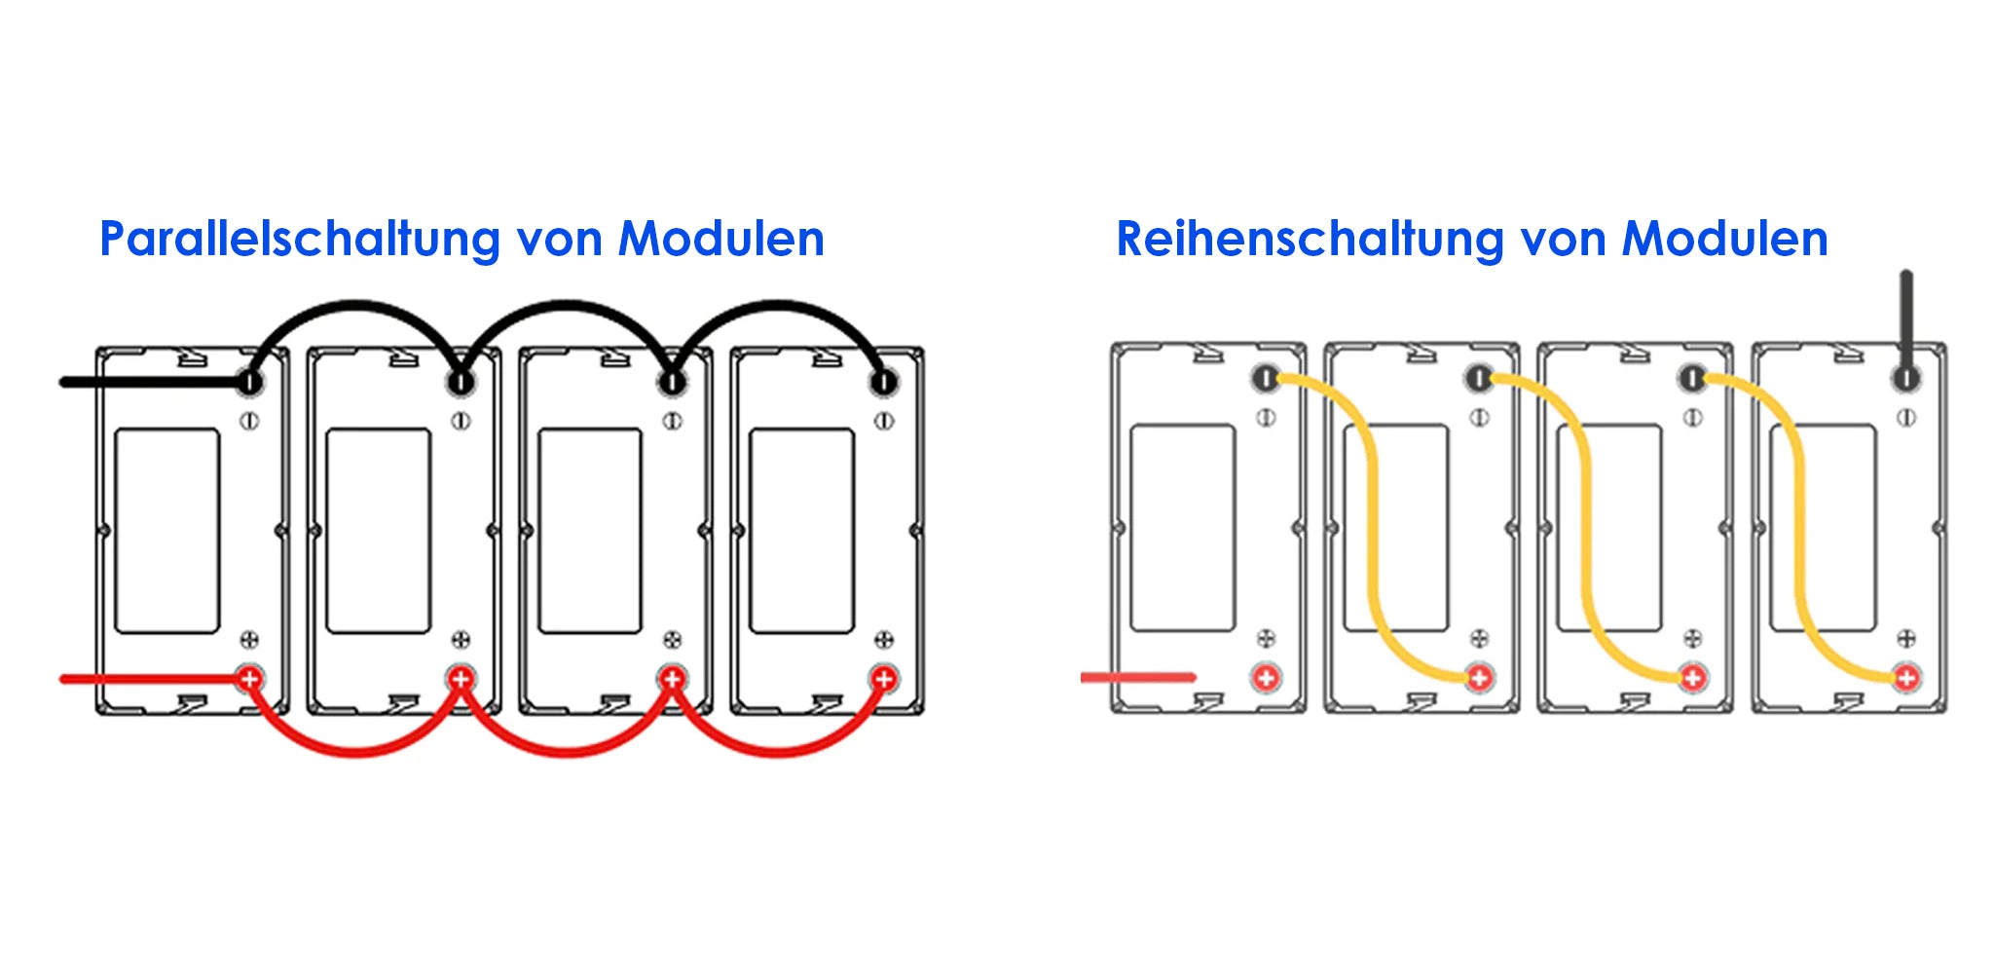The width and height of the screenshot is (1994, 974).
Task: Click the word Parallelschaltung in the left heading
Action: point(301,240)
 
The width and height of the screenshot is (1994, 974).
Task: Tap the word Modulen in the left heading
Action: point(721,239)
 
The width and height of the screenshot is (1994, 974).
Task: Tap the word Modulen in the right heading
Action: point(1724,239)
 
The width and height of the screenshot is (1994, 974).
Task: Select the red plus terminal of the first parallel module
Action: point(249,678)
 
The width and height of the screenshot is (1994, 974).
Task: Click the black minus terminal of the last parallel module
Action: point(883,382)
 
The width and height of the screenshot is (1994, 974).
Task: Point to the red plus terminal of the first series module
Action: point(1266,677)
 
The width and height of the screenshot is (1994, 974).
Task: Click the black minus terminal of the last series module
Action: point(1905,378)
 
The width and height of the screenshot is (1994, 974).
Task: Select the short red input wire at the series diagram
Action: point(1138,677)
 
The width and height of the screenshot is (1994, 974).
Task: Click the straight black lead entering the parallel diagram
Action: point(151,382)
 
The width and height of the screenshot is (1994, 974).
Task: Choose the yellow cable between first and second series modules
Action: point(1374,526)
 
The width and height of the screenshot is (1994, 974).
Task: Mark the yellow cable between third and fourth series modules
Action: point(1800,526)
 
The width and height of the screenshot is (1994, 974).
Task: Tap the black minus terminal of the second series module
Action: point(1479,378)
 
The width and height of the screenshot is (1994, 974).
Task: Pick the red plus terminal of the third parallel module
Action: point(672,678)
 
